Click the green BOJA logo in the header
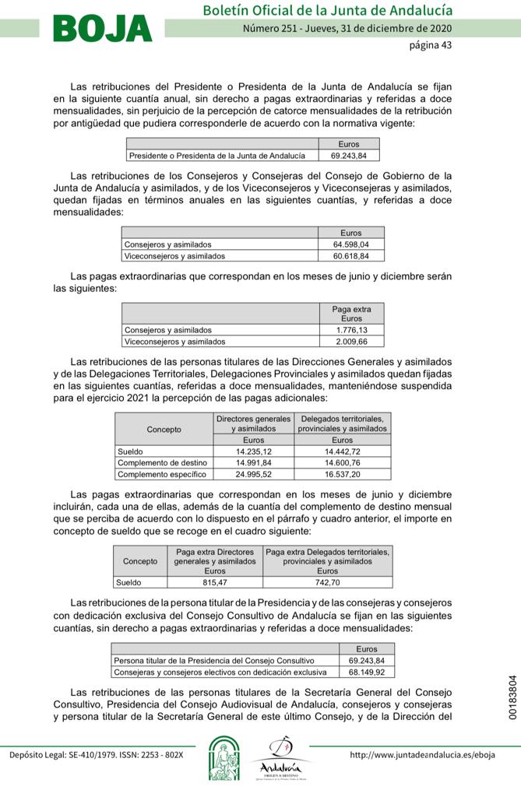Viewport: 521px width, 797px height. coord(103,29)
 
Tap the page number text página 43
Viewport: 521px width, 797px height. coord(430,45)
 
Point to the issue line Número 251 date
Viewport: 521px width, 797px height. coord(347,29)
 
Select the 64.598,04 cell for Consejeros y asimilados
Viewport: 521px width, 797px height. coord(350,244)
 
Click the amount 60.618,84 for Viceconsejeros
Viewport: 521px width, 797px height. coord(350,255)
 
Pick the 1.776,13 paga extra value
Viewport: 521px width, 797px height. coord(351,330)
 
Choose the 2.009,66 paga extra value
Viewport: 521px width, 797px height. coord(351,341)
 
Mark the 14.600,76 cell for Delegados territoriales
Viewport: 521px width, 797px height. coord(343,462)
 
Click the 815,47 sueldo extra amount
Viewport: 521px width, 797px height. coord(215,581)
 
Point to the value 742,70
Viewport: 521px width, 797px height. coord(327,581)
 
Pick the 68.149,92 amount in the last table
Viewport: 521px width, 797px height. coord(367,671)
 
